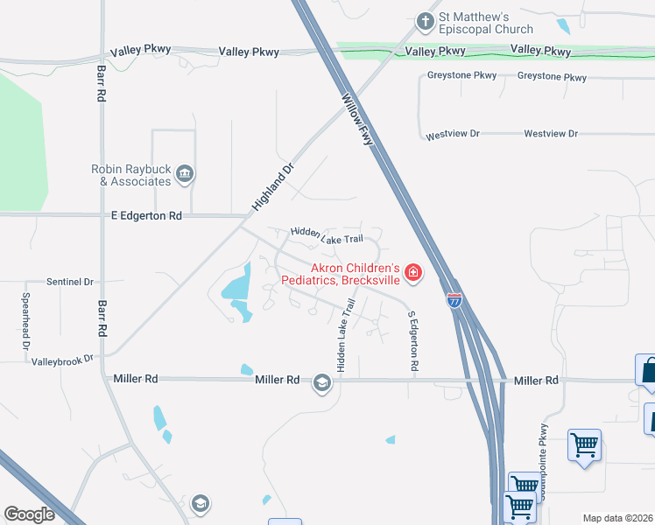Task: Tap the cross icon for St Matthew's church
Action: coord(426,20)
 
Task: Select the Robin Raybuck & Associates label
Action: coord(131,175)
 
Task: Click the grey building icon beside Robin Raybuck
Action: coord(185,174)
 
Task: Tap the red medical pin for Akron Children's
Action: coord(412,275)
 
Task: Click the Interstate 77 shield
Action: coord(454,300)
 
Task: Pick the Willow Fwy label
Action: coord(358,119)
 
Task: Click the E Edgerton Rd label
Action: coord(147,215)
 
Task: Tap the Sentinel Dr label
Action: coord(70,282)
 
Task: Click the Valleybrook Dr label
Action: coord(61,359)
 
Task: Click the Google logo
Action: coord(29,514)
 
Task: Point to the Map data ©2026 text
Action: coord(618,518)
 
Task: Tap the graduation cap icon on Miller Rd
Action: coord(321,382)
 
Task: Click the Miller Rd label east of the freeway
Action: coord(536,381)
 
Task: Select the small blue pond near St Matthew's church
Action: coord(562,26)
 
